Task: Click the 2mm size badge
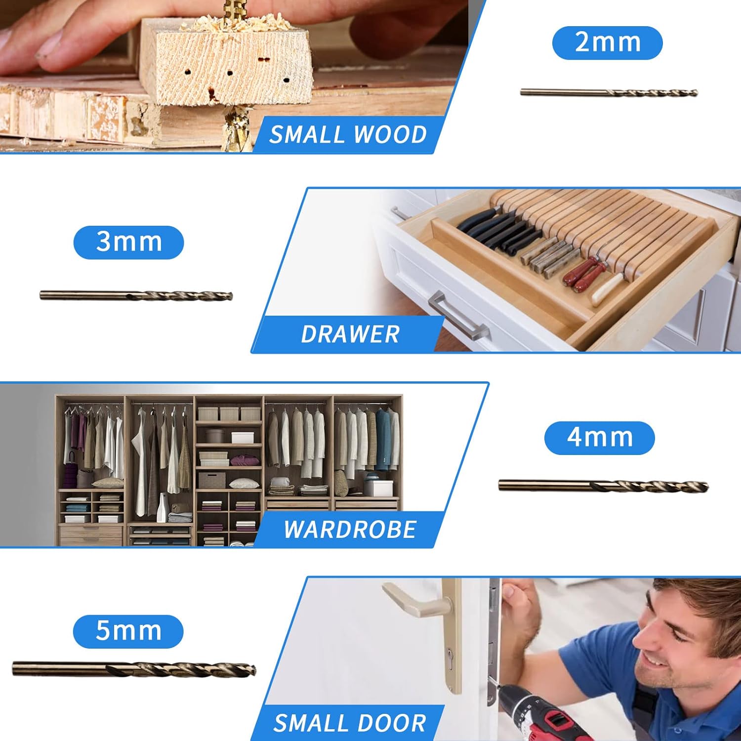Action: [x=607, y=43]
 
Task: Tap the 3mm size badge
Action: [x=128, y=242]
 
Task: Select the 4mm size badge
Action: [x=599, y=438]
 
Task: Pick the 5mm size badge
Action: [x=128, y=631]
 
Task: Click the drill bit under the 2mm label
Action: [x=609, y=92]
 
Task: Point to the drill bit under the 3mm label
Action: [x=136, y=296]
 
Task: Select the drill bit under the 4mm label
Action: [x=603, y=486]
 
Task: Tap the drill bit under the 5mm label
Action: [x=134, y=669]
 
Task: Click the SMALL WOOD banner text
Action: [x=348, y=135]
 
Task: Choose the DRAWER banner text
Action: [x=350, y=334]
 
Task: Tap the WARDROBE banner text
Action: [x=350, y=530]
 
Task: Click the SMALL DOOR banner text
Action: [x=349, y=723]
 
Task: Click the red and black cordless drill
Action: [x=534, y=711]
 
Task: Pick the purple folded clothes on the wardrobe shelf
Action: [x=245, y=461]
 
